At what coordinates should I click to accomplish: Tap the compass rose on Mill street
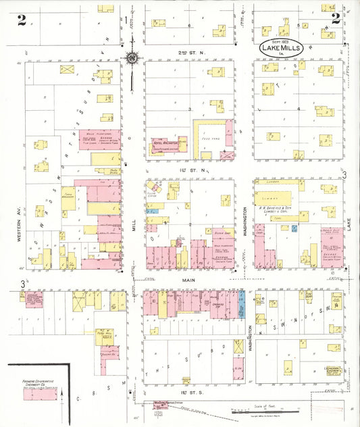pos(132,57)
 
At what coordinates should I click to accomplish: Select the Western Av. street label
pos(20,228)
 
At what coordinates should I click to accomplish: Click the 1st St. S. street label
pos(187,393)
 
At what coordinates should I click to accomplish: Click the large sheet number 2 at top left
pos(22,20)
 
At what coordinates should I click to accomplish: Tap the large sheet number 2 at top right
pos(336,19)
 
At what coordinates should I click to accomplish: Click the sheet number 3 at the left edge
pos(22,282)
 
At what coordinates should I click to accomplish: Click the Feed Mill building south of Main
pos(105,337)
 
